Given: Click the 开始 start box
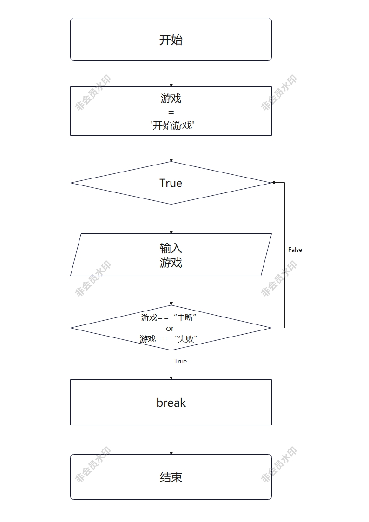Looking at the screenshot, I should (x=171, y=40).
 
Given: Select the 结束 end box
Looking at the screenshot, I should (x=171, y=477).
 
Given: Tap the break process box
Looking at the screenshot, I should (x=171, y=402).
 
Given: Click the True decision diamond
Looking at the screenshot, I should (x=171, y=183).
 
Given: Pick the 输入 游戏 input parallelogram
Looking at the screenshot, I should (x=171, y=255).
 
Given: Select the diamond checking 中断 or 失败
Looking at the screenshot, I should (x=171, y=328).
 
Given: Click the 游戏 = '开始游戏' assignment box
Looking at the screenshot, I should (x=171, y=111).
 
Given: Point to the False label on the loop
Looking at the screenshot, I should (x=295, y=250).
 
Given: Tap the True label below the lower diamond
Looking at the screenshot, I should (x=180, y=361).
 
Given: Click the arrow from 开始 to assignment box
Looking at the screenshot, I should (x=171, y=73).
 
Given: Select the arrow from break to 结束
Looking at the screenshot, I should (x=171, y=440).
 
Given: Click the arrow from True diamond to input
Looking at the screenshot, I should (x=171, y=218).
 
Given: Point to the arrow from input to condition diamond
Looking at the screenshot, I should (x=171, y=291).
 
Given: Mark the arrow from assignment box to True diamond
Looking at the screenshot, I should (x=171, y=148).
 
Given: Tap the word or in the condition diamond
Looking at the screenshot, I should (x=170, y=328).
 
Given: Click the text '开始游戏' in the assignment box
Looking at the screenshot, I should (x=172, y=125).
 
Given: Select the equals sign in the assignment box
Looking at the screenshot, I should (x=171, y=112).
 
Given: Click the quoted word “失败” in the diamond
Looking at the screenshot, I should (x=185, y=339).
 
